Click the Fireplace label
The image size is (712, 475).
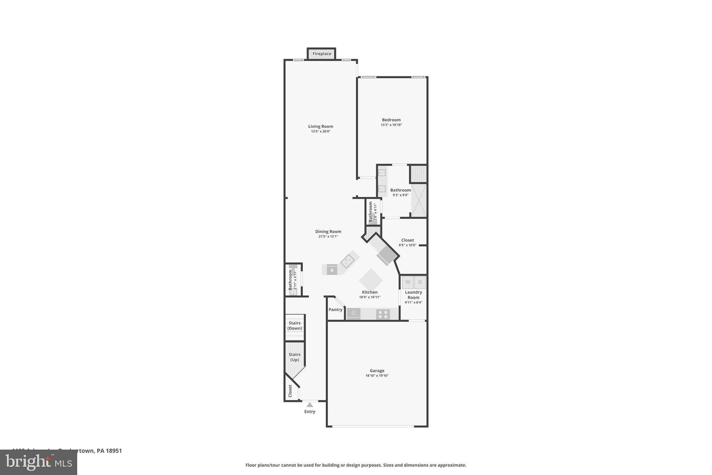click(x=322, y=54)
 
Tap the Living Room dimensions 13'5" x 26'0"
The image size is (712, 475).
click(x=321, y=132)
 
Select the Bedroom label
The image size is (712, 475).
click(x=391, y=120)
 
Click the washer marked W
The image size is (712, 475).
click(x=408, y=282)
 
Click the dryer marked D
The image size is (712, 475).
click(x=420, y=282)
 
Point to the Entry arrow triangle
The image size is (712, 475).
click(x=310, y=405)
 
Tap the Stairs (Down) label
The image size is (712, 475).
click(x=294, y=326)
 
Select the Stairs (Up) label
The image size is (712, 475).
click(x=294, y=357)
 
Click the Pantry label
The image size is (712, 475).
click(x=335, y=310)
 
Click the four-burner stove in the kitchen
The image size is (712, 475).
click(x=383, y=315)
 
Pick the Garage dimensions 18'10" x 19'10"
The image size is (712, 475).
click(x=377, y=376)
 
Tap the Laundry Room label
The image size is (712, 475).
click(x=413, y=295)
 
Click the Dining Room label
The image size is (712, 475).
click(x=328, y=231)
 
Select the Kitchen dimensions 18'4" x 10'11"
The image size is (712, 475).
click(x=370, y=297)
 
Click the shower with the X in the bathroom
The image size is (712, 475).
click(x=419, y=200)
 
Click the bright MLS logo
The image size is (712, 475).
click(x=39, y=462)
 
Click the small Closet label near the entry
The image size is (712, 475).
click(x=290, y=391)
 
